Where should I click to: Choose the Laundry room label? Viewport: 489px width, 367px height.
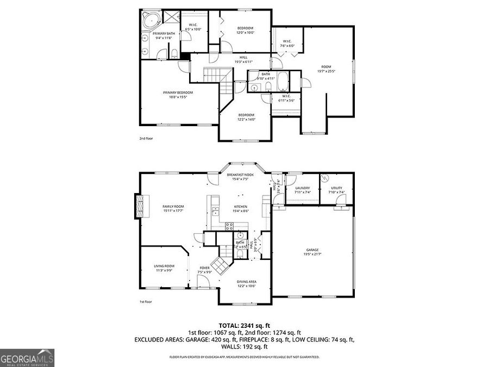click(302, 190)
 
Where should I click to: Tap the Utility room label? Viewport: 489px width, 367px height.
click(336, 190)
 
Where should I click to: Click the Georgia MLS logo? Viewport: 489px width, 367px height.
click(27, 358)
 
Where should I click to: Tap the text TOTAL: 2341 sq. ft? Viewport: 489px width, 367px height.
click(244, 325)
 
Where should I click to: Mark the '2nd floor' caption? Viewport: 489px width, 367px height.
click(146, 138)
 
